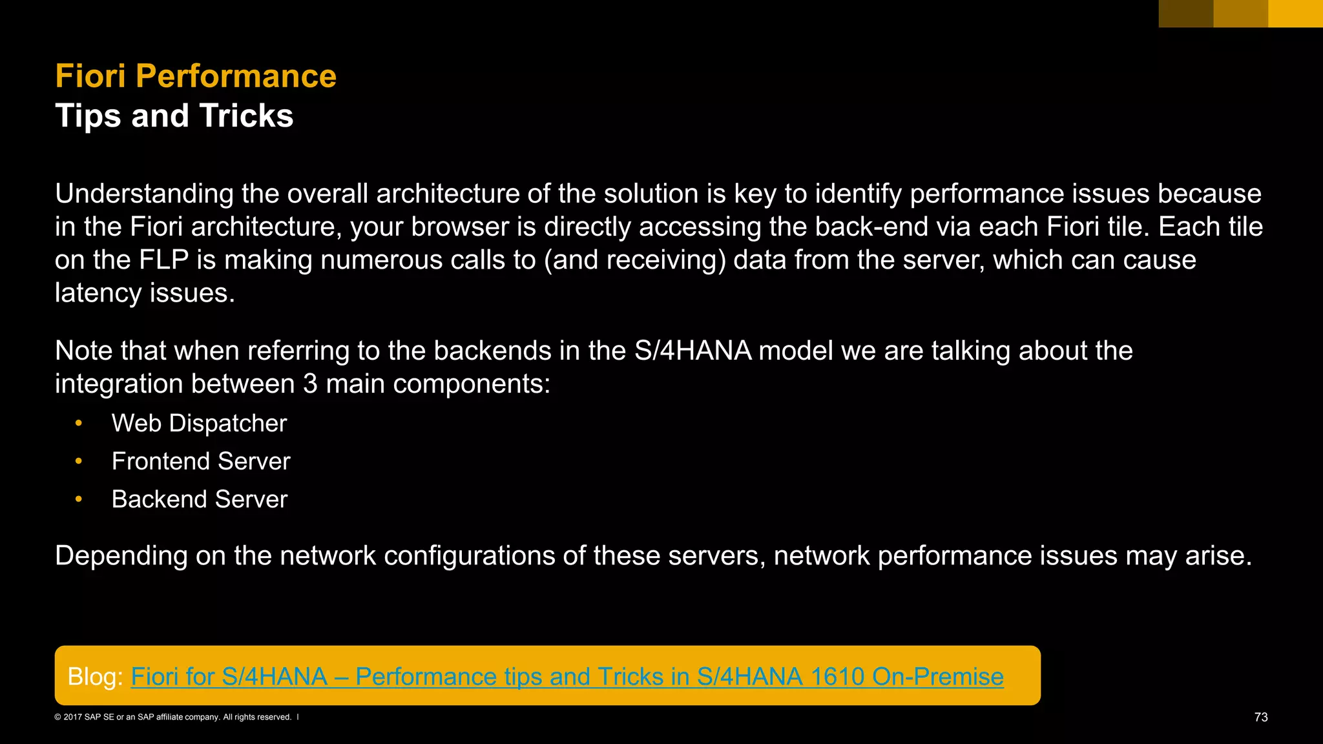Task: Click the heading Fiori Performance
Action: [196, 76]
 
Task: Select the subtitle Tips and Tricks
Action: [174, 116]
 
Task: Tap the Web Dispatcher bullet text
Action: [199, 423]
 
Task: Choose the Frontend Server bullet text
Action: [201, 461]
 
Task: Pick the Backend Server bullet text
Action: [199, 499]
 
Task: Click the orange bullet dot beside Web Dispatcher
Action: [79, 423]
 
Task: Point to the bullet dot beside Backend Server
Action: [79, 499]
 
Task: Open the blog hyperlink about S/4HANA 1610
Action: [567, 676]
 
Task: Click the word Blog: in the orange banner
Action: [95, 676]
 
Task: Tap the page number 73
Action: [1260, 717]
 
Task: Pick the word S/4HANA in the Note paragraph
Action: [693, 351]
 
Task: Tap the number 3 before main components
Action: [310, 384]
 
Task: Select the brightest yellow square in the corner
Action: [1295, 14]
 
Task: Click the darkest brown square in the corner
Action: [1185, 14]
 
